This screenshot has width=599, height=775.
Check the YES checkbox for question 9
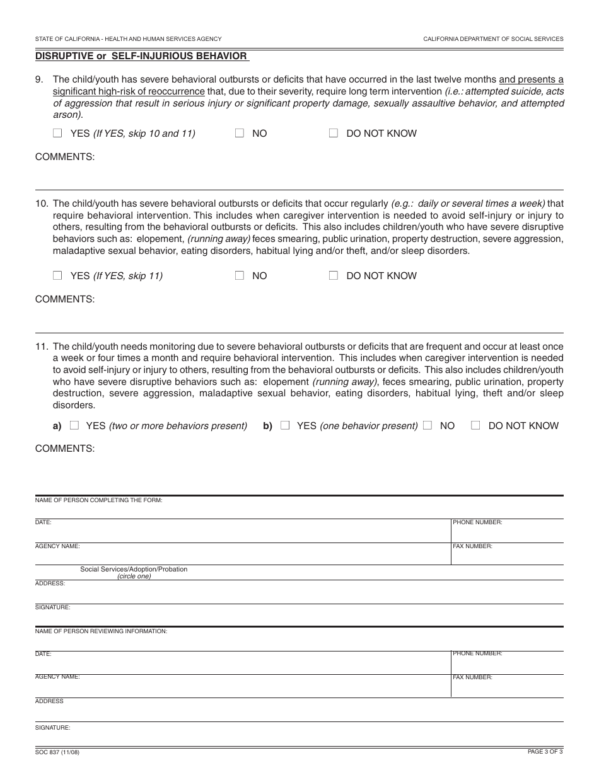click(x=58, y=133)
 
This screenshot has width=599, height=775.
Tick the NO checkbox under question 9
click(x=240, y=133)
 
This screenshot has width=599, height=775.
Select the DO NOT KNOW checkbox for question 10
click(x=334, y=275)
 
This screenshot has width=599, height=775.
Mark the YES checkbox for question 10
click(x=58, y=275)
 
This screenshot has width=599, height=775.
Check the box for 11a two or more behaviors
click(x=74, y=425)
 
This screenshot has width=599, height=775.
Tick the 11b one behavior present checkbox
click(x=285, y=425)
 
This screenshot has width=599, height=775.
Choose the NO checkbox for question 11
click(x=428, y=425)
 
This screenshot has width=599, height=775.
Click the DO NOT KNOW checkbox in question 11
click(x=476, y=425)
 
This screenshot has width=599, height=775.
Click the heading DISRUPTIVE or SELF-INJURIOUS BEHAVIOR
click(x=141, y=56)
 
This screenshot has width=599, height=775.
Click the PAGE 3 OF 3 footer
click(x=545, y=752)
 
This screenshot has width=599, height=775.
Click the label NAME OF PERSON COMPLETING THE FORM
click(x=98, y=500)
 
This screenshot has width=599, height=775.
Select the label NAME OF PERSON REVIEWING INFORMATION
click(x=101, y=631)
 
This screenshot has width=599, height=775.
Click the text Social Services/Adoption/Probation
click(x=134, y=569)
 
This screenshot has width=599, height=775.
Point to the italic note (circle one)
click(x=134, y=576)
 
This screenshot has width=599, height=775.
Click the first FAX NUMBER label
click(x=472, y=546)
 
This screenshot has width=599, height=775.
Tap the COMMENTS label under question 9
click(x=65, y=157)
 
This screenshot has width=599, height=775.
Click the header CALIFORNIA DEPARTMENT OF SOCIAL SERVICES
click(x=493, y=38)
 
